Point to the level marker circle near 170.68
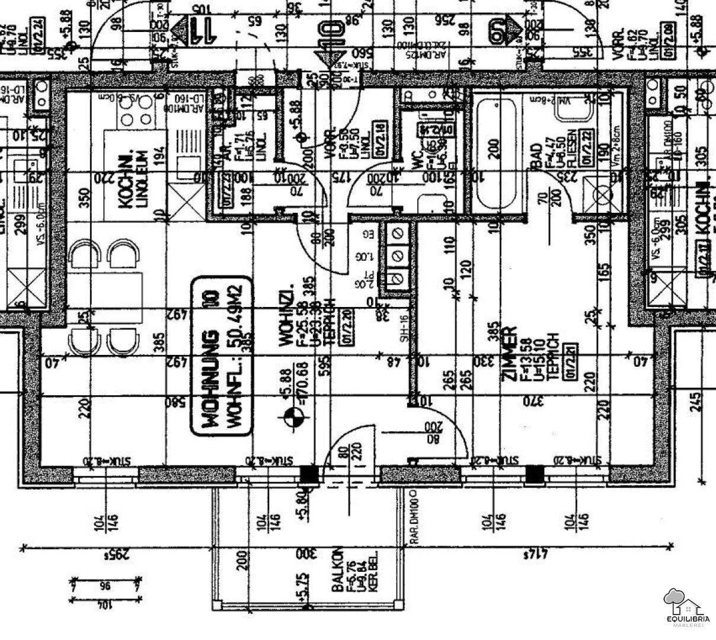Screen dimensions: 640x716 click(292, 418)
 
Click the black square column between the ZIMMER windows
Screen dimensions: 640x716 click(535, 475)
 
